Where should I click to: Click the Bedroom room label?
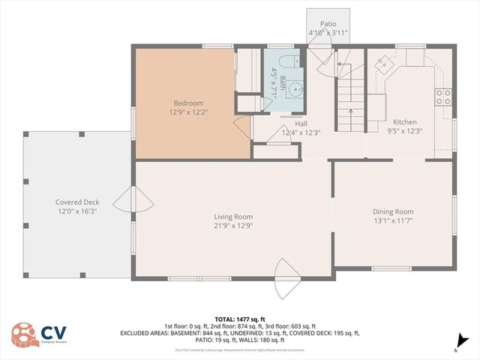(188, 103)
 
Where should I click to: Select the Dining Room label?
(393, 211)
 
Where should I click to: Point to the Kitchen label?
(405, 122)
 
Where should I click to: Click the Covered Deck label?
(77, 202)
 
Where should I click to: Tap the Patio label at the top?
(328, 24)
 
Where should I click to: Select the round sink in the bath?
(298, 89)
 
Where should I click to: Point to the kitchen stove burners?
(443, 96)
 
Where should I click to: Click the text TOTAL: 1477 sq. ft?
(239, 318)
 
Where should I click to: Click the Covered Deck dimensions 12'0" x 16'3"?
(77, 211)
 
